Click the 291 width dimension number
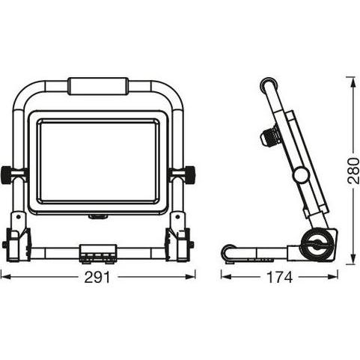click(97, 277)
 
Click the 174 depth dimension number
click(279, 277)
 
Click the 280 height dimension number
click(353, 171)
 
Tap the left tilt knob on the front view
click(7, 174)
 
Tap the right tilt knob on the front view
click(189, 174)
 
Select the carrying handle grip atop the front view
click(98, 86)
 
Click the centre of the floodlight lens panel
click(98, 161)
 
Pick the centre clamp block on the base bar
click(98, 253)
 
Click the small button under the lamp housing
click(98, 217)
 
